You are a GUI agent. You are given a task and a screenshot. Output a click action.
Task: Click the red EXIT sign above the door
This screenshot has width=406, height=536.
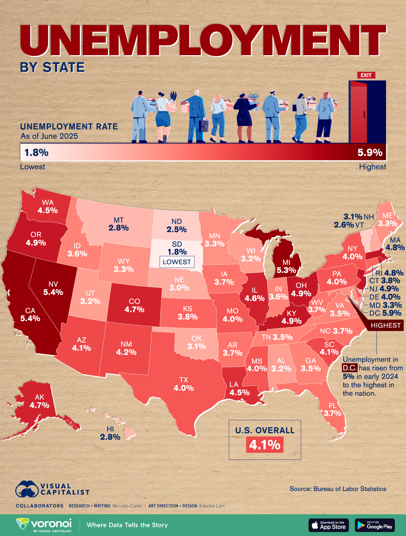tap(366, 75)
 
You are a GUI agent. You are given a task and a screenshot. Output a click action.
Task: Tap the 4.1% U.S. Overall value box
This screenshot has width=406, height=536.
tap(265, 444)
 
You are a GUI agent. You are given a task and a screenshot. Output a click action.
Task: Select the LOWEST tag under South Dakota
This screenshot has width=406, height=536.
tap(177, 262)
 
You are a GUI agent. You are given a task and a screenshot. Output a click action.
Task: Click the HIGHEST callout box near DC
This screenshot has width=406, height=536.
tap(385, 325)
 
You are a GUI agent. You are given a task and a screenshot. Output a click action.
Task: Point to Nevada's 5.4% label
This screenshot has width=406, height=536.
tap(53, 292)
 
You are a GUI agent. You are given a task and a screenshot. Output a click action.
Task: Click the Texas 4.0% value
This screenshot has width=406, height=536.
tap(184, 388)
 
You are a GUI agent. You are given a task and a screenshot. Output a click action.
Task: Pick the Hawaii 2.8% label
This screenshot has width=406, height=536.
tap(110, 437)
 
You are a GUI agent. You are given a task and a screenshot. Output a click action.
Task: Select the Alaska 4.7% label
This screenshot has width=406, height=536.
tap(40, 405)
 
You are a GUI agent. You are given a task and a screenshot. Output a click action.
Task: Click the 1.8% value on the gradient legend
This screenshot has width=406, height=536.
tap(36, 152)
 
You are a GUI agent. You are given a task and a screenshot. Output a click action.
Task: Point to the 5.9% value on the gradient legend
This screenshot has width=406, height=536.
tap(370, 152)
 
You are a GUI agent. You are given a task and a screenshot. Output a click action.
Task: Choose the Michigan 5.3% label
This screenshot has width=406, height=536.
tap(286, 270)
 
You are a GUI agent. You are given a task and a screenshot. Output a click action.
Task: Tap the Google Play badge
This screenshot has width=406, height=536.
tap(375, 525)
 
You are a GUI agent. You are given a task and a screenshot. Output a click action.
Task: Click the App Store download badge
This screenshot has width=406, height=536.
tap(329, 525)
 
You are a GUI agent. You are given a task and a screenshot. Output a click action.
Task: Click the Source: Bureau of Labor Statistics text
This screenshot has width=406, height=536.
tap(338, 489)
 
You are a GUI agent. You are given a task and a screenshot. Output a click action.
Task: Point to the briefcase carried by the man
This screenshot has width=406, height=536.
tap(203, 126)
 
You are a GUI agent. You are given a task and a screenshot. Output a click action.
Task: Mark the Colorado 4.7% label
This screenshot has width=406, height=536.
tap(134, 309)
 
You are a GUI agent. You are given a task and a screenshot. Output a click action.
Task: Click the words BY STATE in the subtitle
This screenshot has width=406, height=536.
tap(52, 67)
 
